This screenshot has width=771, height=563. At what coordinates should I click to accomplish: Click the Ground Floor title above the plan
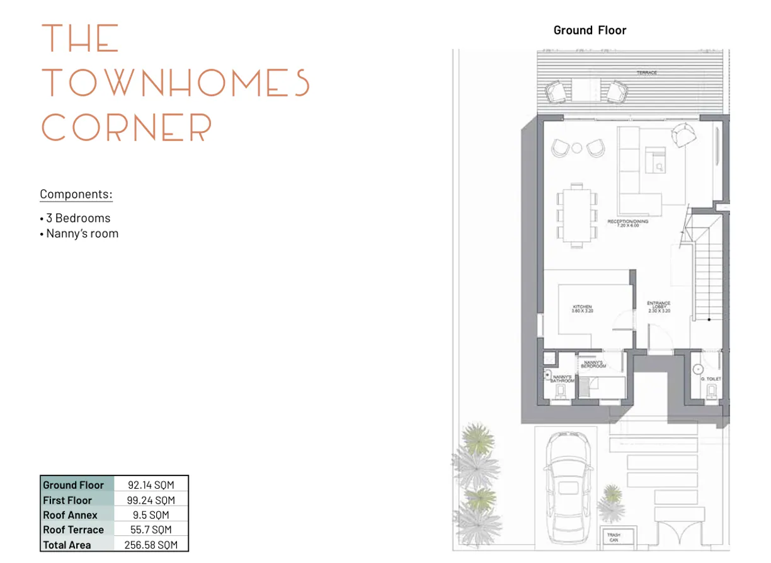[590, 30]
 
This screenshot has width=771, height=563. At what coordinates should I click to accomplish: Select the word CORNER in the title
[127, 128]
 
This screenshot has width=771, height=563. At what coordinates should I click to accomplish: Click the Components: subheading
[76, 194]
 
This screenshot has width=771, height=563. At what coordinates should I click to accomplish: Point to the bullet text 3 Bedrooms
[78, 219]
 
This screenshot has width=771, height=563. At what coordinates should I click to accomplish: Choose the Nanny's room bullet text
[82, 234]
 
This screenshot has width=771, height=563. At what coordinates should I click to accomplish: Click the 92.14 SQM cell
[151, 485]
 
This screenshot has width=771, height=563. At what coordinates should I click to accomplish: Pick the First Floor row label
[67, 500]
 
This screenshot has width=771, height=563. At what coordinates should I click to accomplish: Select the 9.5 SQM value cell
[151, 515]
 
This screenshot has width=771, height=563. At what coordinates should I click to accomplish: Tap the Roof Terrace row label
[73, 530]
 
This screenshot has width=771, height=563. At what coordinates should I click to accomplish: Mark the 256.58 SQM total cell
[151, 545]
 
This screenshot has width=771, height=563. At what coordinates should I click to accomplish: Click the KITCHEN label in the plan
[582, 309]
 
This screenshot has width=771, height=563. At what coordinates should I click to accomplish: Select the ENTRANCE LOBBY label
[659, 307]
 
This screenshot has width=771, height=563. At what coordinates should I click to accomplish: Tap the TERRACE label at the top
[646, 73]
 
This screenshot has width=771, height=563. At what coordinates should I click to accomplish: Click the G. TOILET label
[711, 379]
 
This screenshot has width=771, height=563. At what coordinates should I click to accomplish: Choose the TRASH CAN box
[614, 537]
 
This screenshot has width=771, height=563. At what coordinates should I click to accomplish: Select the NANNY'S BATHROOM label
[563, 379]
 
